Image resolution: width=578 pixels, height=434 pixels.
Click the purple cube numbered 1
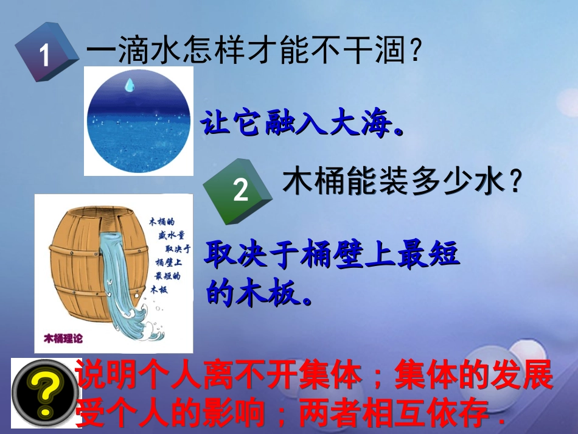click(46, 54)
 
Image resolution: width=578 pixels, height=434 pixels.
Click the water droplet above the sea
click(129, 85)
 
